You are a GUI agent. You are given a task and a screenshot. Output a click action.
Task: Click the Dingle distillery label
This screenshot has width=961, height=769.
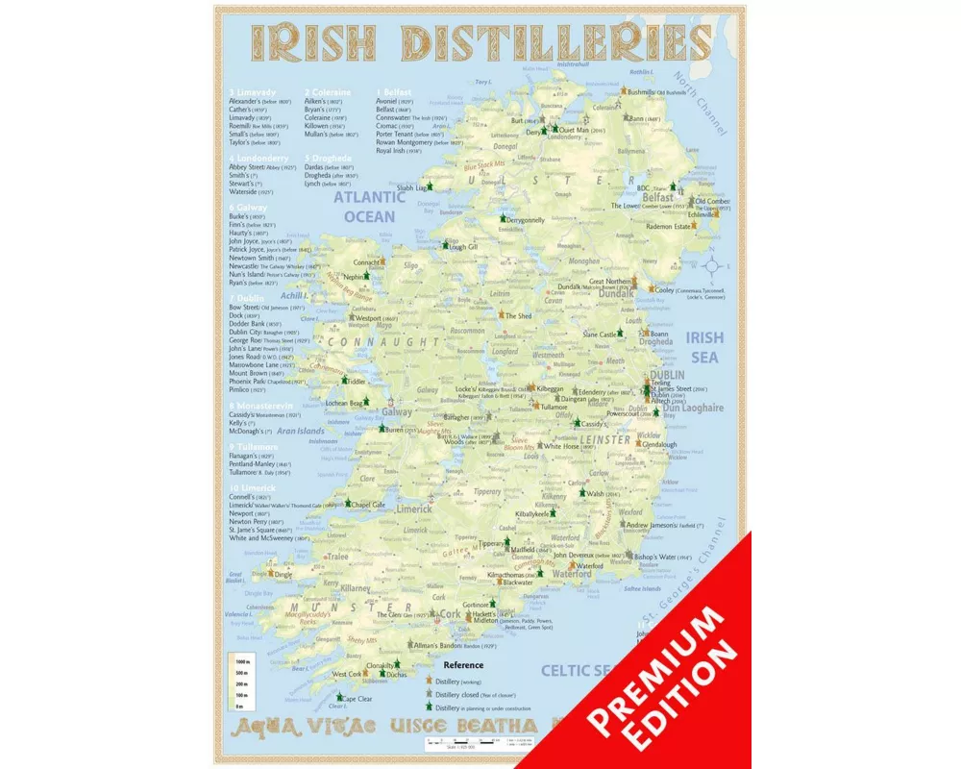[283, 575]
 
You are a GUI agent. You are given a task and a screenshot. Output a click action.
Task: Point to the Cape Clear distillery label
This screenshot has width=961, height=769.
[357, 699]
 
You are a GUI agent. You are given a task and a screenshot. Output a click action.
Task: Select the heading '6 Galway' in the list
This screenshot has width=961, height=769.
[248, 207]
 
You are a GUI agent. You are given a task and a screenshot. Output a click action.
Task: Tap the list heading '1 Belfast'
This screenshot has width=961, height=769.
[394, 91]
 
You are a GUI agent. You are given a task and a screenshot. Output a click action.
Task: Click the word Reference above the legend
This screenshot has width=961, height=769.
[463, 664]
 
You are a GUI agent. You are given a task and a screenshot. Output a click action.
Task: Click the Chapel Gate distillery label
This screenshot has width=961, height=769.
[368, 504]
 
